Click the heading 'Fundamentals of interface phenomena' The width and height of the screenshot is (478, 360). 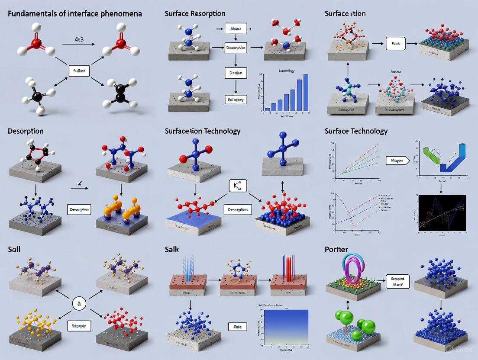click(x=74, y=14)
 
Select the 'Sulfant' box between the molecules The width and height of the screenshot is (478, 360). click(x=79, y=70)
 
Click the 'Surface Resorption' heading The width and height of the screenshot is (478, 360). click(x=195, y=13)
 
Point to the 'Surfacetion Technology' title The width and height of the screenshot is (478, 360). click(x=202, y=131)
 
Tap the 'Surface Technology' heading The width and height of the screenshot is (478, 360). click(x=356, y=131)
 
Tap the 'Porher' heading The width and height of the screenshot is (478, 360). click(x=336, y=250)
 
